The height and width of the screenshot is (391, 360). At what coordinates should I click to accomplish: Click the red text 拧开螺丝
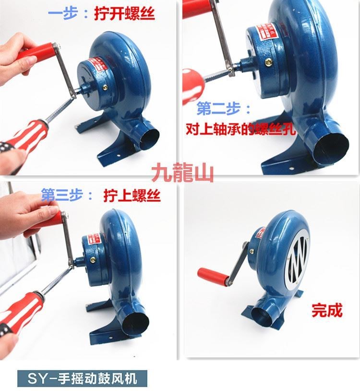(x=125, y=13)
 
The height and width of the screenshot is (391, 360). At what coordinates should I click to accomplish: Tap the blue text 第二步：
(x=224, y=109)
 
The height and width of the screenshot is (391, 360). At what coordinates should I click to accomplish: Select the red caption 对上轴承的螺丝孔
(x=240, y=129)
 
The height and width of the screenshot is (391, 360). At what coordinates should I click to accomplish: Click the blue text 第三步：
(x=67, y=195)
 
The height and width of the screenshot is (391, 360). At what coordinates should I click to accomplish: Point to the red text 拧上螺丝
(x=132, y=195)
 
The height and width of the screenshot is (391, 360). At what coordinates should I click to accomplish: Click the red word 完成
(x=327, y=310)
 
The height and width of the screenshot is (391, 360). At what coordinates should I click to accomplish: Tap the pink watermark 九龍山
(x=182, y=172)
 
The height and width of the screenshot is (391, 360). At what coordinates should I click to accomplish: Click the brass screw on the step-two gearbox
(x=268, y=62)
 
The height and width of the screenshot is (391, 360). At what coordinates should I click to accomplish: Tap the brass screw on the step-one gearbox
(x=105, y=87)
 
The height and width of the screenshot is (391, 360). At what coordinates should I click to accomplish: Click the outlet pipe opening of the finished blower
(x=262, y=317)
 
